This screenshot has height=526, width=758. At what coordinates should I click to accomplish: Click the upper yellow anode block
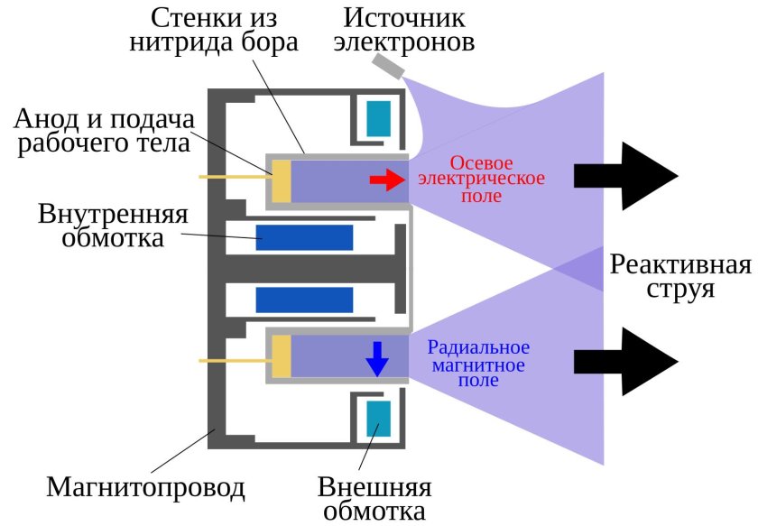tap(281, 180)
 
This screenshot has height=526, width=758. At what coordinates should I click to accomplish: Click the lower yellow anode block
tap(281, 358)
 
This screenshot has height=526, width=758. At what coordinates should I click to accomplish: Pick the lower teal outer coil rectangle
tap(378, 420)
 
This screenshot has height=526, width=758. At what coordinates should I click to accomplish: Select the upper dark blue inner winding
tap(304, 237)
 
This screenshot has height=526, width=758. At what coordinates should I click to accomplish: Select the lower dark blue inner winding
tap(304, 300)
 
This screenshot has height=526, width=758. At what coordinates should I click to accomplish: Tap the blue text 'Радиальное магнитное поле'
tap(477, 364)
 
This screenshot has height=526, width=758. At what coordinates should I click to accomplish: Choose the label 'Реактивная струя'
tap(680, 277)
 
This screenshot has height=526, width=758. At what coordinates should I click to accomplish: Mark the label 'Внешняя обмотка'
tap(374, 500)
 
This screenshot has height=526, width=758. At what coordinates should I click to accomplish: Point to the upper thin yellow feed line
tap(232, 177)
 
